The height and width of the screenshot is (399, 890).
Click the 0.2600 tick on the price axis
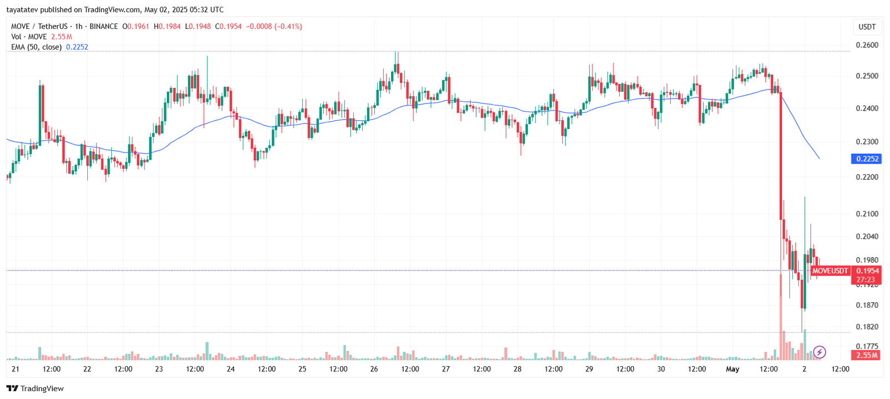(x=867, y=45)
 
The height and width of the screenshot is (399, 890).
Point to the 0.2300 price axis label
(x=867, y=142)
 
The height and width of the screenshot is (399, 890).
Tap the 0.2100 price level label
(x=867, y=214)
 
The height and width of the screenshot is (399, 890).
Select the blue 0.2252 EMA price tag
(x=867, y=159)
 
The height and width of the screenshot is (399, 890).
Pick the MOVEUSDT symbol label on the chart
(x=830, y=271)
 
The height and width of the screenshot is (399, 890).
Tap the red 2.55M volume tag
(x=866, y=355)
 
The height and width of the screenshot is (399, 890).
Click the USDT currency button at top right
(x=867, y=27)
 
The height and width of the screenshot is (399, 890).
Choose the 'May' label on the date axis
(x=733, y=369)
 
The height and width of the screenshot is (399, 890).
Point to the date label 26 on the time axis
(x=374, y=369)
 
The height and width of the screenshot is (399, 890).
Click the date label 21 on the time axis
(x=16, y=369)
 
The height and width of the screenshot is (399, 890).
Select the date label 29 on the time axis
(x=589, y=369)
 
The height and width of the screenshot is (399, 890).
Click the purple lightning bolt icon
(x=819, y=352)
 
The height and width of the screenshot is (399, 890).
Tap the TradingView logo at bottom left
(x=35, y=388)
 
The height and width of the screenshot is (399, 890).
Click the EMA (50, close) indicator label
(x=36, y=47)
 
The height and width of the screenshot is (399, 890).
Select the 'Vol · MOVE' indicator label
(x=29, y=37)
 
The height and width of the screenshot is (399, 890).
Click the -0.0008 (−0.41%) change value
(x=274, y=26)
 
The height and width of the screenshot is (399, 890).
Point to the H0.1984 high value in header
(x=167, y=26)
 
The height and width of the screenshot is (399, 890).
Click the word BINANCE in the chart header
(x=103, y=26)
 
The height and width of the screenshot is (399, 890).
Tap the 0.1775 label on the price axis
(x=867, y=346)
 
